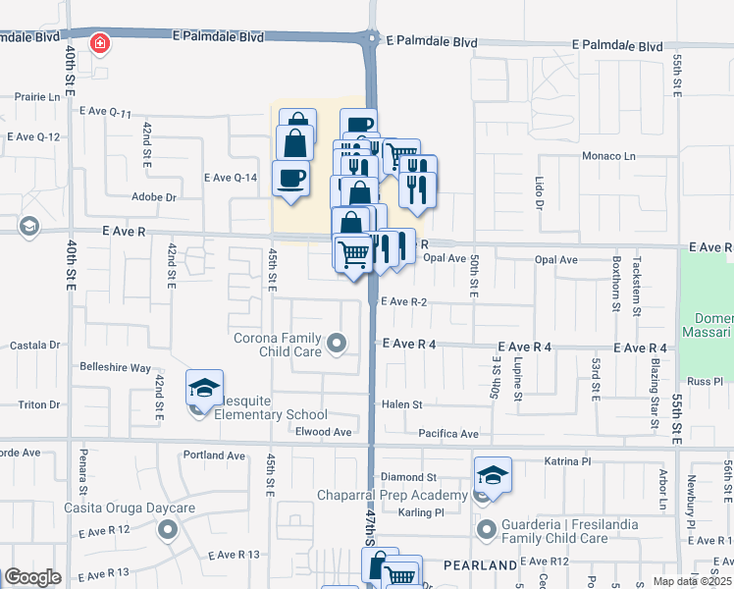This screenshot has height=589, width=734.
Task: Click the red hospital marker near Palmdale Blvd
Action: tap(99, 43)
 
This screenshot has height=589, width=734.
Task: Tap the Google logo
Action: tap(32, 577)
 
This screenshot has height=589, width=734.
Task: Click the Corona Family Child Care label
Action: tap(278, 345)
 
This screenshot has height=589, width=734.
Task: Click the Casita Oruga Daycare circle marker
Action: tap(167, 531)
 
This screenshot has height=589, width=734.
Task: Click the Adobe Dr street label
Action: tap(153, 196)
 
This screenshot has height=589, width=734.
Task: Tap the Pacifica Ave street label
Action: tap(447, 433)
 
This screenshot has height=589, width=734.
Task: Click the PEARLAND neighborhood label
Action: tap(479, 566)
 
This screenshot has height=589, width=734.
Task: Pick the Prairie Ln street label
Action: tap(38, 97)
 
